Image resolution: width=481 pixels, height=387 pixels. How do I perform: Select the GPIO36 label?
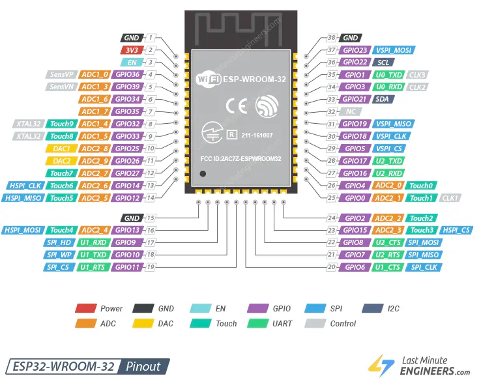(126, 74)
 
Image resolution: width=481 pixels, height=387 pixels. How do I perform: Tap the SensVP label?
(62, 74)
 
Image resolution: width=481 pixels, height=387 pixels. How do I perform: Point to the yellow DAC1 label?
(62, 148)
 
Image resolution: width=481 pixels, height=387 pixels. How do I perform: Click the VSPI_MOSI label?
(393, 50)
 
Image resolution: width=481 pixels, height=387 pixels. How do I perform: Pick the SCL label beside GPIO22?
(383, 63)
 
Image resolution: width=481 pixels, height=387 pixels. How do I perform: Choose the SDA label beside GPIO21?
(383, 99)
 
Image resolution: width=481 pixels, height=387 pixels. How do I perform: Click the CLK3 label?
(418, 75)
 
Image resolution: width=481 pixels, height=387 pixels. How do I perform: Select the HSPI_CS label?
(456, 230)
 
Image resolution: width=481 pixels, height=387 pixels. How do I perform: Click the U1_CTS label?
(388, 267)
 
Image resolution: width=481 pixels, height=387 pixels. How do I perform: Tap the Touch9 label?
(62, 124)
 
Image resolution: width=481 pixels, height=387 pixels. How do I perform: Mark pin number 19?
(151, 267)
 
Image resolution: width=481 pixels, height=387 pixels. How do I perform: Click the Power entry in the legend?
(111, 308)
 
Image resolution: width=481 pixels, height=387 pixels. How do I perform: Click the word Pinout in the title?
(143, 366)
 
